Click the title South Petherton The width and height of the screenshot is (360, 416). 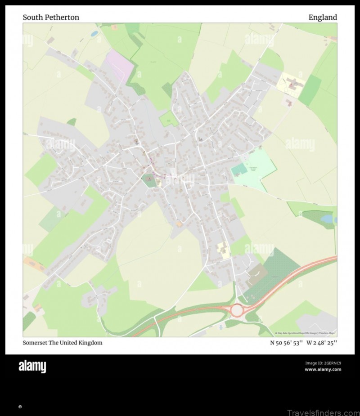(51, 18)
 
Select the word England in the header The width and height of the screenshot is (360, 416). (322, 18)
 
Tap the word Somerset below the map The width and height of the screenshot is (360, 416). (36, 343)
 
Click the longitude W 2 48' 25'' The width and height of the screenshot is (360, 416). (322, 343)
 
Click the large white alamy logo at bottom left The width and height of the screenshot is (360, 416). (32, 367)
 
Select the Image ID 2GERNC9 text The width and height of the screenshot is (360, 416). (323, 363)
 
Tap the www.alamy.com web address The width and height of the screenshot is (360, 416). (323, 370)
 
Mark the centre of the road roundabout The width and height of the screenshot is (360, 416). (237, 310)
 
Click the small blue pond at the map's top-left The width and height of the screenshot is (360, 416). (94, 33)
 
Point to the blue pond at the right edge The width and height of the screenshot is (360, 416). (328, 219)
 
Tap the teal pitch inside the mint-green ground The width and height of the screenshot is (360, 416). (239, 170)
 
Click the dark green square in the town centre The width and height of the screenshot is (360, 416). (149, 180)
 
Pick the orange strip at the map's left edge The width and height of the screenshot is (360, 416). (35, 264)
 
